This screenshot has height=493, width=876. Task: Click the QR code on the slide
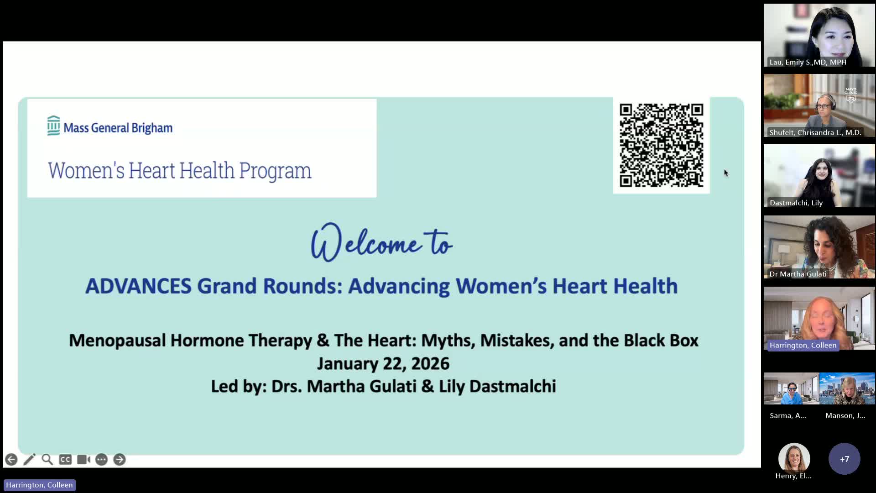pyautogui.click(x=661, y=145)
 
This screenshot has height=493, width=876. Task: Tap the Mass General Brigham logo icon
pyautogui.click(x=53, y=126)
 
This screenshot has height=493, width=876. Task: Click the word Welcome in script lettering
pyautogui.click(x=365, y=242)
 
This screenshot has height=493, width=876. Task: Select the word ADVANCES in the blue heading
pyautogui.click(x=138, y=286)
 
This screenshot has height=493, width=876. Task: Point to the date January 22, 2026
pyautogui.click(x=383, y=363)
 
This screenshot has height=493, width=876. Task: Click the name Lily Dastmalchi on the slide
pyautogui.click(x=497, y=386)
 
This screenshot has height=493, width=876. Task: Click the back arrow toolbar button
pyautogui.click(x=11, y=460)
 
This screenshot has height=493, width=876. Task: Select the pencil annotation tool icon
pyautogui.click(x=29, y=460)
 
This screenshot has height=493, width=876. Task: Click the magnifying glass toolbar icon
pyautogui.click(x=47, y=459)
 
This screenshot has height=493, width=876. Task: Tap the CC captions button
pyautogui.click(x=65, y=460)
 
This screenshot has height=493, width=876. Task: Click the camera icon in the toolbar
pyautogui.click(x=83, y=460)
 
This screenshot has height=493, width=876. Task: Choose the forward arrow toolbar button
pyautogui.click(x=120, y=460)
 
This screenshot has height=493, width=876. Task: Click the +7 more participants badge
pyautogui.click(x=845, y=459)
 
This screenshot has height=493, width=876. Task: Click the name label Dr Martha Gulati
pyautogui.click(x=798, y=274)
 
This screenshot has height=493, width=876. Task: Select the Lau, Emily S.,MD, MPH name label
pyautogui.click(x=808, y=62)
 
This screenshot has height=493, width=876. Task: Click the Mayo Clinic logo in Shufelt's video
pyautogui.click(x=851, y=94)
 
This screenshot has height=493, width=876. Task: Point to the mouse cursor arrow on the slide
pyautogui.click(x=726, y=173)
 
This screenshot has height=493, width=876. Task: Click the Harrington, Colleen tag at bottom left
pyautogui.click(x=39, y=485)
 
